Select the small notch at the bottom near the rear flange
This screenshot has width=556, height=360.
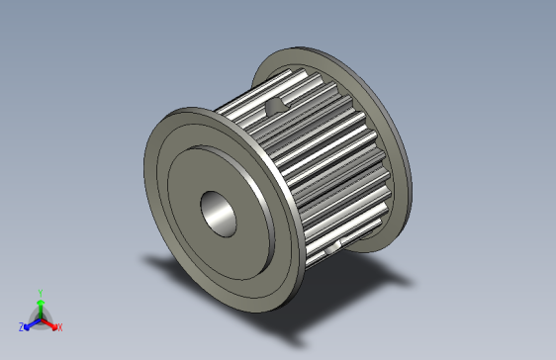[x=339, y=243]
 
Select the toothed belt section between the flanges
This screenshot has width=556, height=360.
[x=317, y=158]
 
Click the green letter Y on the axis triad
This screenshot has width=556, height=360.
[x=40, y=293]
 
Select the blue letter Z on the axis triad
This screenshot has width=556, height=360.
[x=21, y=326]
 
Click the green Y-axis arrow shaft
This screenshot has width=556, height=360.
[x=40, y=308]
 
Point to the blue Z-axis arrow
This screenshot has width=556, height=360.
[x=31, y=322]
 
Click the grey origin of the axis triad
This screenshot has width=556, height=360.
[x=40, y=318]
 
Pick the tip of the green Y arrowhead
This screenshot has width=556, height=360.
[x=40, y=299]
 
